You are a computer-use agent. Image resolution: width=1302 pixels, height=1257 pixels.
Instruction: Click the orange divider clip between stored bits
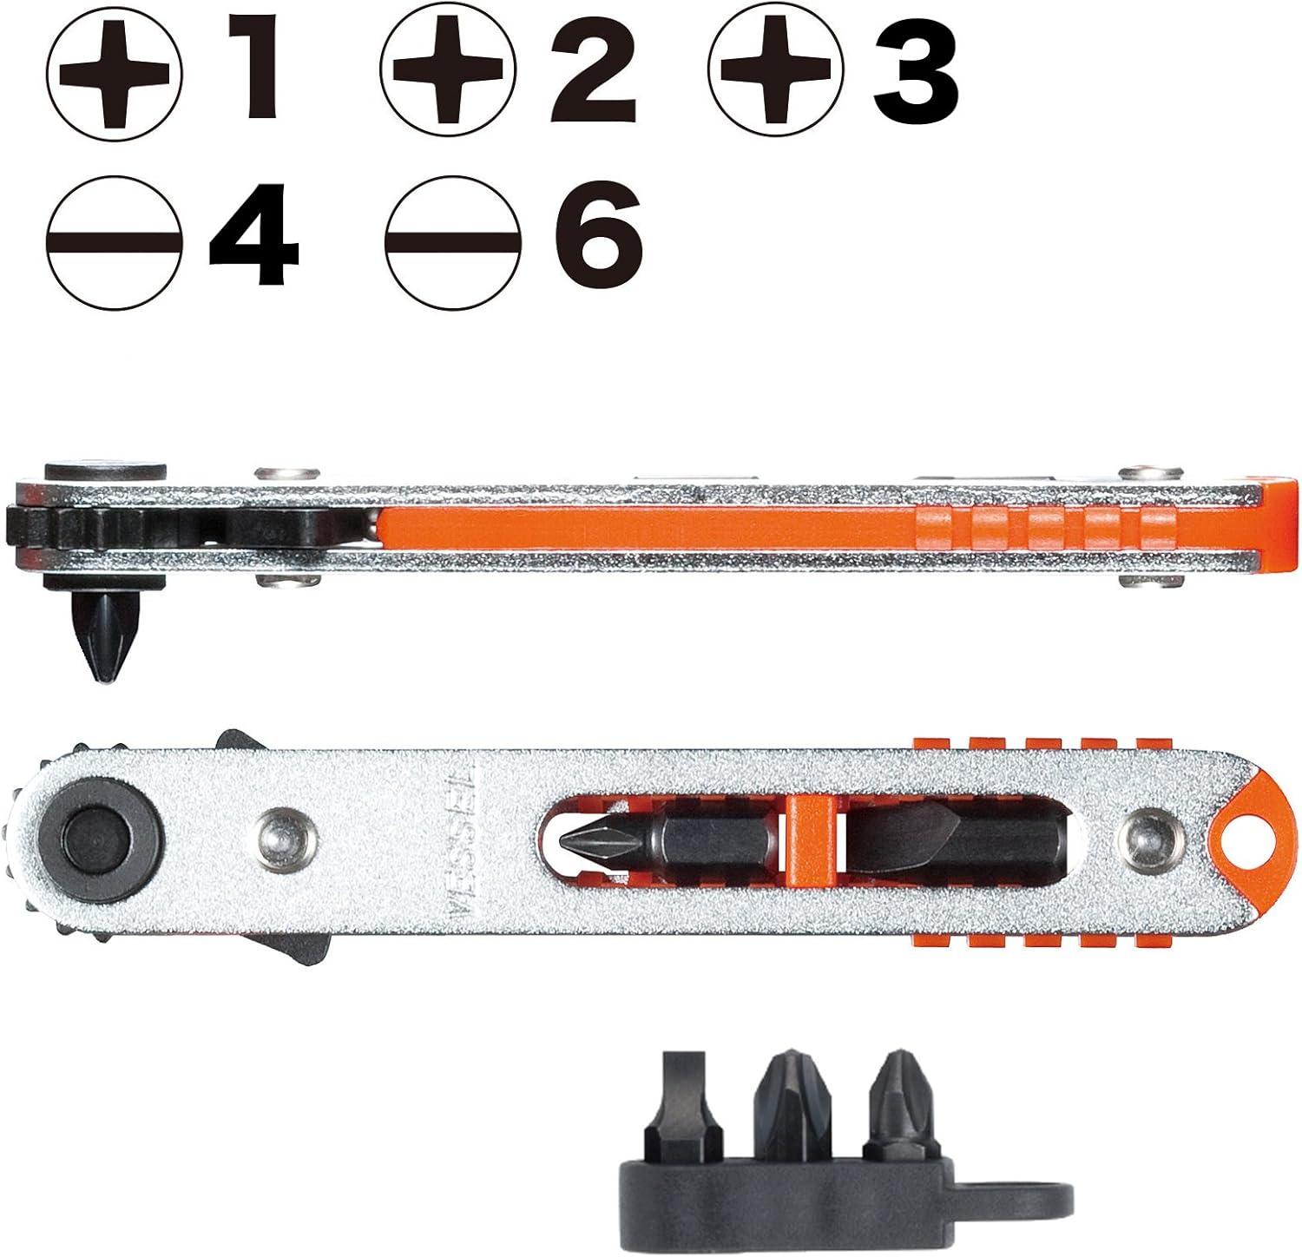tap(810, 836)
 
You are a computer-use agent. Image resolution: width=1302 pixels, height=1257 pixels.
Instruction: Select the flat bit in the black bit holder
tap(690, 1101)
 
